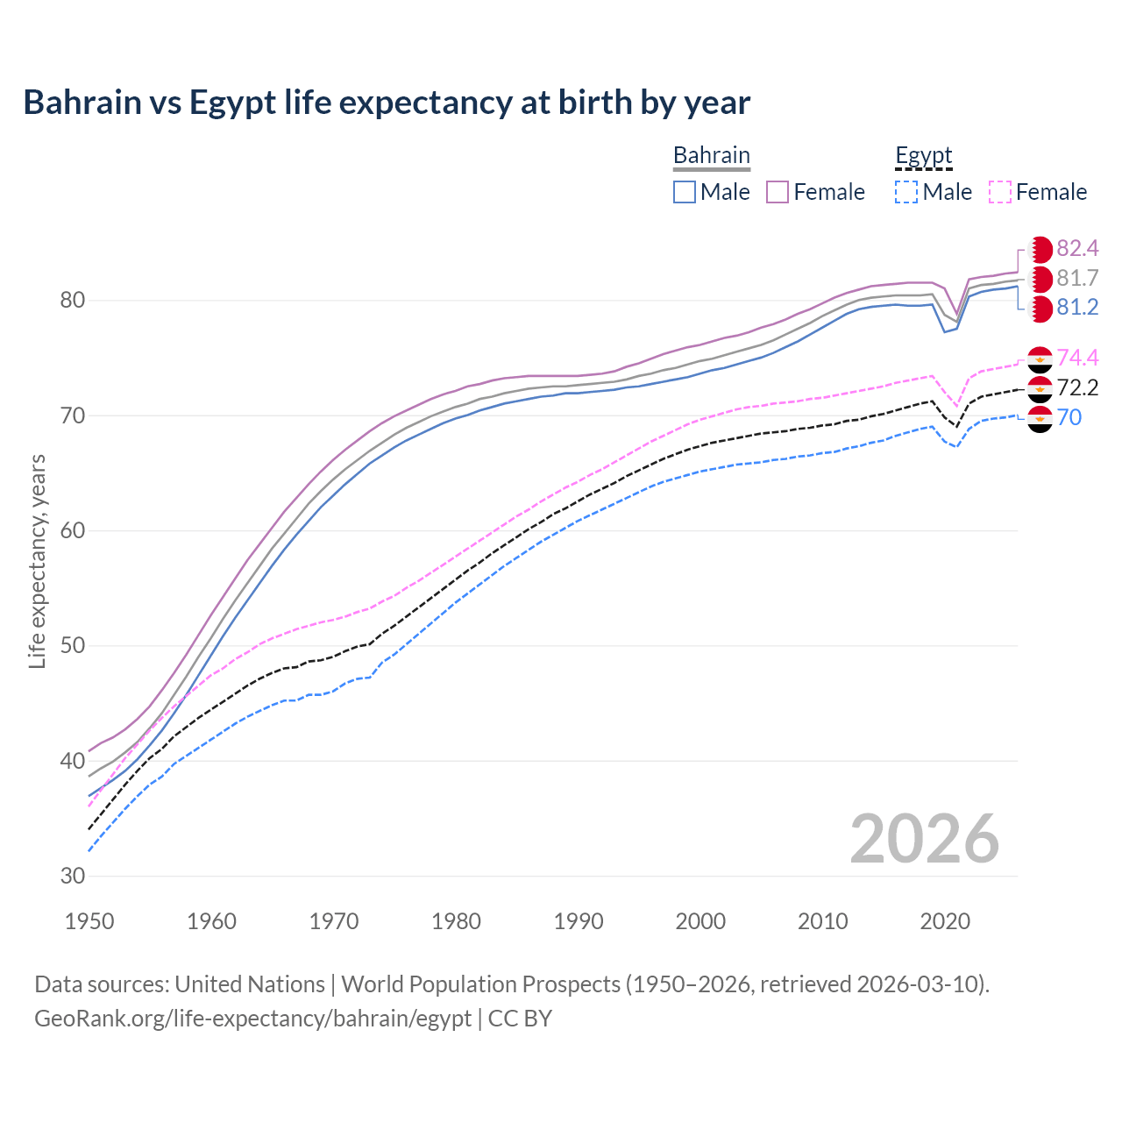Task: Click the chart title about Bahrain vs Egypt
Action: (x=387, y=103)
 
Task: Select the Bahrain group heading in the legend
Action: (x=711, y=156)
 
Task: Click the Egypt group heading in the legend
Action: (x=923, y=156)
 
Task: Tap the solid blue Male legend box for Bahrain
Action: (x=685, y=192)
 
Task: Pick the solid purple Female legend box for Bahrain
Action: (x=778, y=192)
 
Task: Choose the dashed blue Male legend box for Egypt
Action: (x=906, y=192)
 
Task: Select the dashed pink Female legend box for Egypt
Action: (x=1000, y=192)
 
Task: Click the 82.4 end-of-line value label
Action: (x=1077, y=248)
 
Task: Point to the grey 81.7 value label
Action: (x=1077, y=279)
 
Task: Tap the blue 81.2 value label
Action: (x=1077, y=308)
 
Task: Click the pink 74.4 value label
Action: (x=1077, y=358)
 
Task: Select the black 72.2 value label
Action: (x=1077, y=387)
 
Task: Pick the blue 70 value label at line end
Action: (x=1069, y=417)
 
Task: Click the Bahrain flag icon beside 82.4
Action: (x=1040, y=249)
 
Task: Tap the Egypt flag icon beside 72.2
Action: (x=1040, y=388)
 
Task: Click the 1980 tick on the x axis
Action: (x=456, y=921)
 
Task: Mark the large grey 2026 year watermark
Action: (x=924, y=839)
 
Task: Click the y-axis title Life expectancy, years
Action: (x=38, y=561)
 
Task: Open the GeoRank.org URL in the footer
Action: (x=252, y=1019)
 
